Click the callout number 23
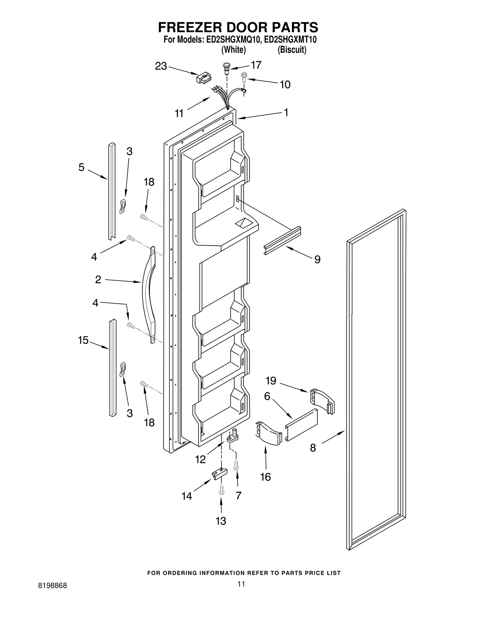coord(161,66)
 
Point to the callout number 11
coord(179,113)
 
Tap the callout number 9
coord(317,259)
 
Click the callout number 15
coord(83,340)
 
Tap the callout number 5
coord(81,167)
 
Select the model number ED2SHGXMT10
coord(289,40)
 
